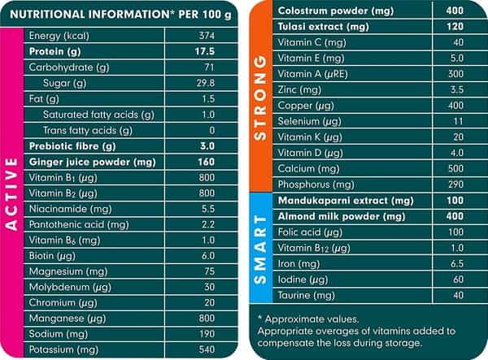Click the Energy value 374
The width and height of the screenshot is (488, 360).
[x=207, y=36]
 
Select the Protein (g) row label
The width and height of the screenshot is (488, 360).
[x=54, y=52]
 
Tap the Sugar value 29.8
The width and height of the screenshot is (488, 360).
[x=206, y=83]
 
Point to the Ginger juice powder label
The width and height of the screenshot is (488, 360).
[x=92, y=162]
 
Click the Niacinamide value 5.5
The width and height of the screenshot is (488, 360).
[x=208, y=209]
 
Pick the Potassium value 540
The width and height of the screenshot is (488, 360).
[x=207, y=349]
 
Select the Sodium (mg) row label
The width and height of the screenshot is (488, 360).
[x=59, y=334]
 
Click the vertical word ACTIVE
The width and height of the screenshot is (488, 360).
[x=11, y=194]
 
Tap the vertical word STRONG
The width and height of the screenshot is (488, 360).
[x=260, y=98]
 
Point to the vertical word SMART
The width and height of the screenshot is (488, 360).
[x=260, y=250]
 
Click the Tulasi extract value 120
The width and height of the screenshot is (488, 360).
[x=455, y=27]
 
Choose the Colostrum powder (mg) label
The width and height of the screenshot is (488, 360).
[x=336, y=11]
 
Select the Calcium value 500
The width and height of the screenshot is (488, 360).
[x=455, y=169]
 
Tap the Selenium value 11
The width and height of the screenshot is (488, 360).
[x=458, y=121]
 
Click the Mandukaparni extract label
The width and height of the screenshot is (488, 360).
[x=346, y=201]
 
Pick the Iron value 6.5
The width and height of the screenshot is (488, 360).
[x=457, y=264]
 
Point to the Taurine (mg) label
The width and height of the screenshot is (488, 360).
[x=307, y=295]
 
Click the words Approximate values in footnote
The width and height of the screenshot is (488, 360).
[x=312, y=319]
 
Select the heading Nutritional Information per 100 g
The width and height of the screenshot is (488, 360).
[x=120, y=15]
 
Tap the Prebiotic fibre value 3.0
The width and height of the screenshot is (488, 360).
[x=207, y=146]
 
